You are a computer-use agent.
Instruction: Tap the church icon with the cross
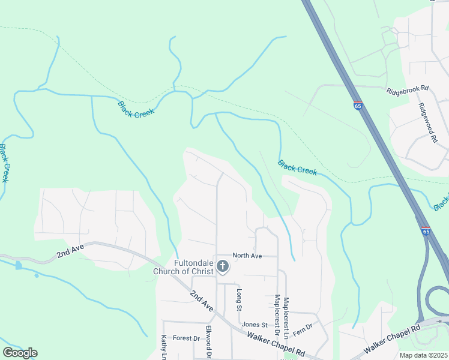[223, 266]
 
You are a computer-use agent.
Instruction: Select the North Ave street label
[247, 256]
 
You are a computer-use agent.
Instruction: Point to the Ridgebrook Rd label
[408, 89]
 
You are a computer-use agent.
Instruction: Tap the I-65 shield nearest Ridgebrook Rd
[358, 106]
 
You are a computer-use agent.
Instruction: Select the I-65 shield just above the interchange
[426, 230]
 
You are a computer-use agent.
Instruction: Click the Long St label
[239, 299]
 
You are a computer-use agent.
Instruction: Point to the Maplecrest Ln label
[286, 317]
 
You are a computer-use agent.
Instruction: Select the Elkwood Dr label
[208, 342]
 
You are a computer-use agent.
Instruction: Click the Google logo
[20, 352]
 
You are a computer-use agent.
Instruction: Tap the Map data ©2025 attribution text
[423, 355]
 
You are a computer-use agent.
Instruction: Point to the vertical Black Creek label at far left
[4, 163]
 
